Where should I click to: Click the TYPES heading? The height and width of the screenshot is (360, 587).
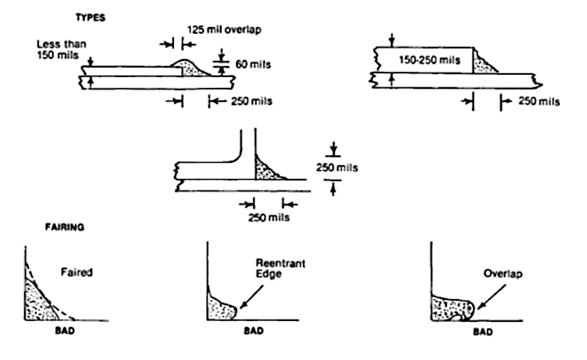click(90, 18)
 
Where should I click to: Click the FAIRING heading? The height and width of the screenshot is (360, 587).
click(65, 227)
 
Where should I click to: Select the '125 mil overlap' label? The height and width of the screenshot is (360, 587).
click(224, 29)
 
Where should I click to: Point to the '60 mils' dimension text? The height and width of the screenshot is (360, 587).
click(253, 65)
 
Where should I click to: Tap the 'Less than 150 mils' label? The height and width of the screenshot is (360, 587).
click(62, 49)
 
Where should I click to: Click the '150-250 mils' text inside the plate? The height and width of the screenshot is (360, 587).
click(429, 60)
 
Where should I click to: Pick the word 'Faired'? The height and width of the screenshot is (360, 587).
click(77, 272)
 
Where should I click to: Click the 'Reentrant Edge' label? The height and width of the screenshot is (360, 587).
click(280, 268)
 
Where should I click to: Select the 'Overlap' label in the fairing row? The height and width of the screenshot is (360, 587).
click(503, 273)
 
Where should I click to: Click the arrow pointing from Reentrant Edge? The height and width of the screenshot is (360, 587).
click(251, 297)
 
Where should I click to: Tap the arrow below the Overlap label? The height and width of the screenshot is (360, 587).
click(492, 297)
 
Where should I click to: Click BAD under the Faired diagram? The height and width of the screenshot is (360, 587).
click(65, 331)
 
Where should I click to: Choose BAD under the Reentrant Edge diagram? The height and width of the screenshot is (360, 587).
click(253, 331)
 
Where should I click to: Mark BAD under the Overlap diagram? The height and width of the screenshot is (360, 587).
click(483, 331)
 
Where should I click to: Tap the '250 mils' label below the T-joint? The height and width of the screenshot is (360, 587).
click(269, 218)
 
